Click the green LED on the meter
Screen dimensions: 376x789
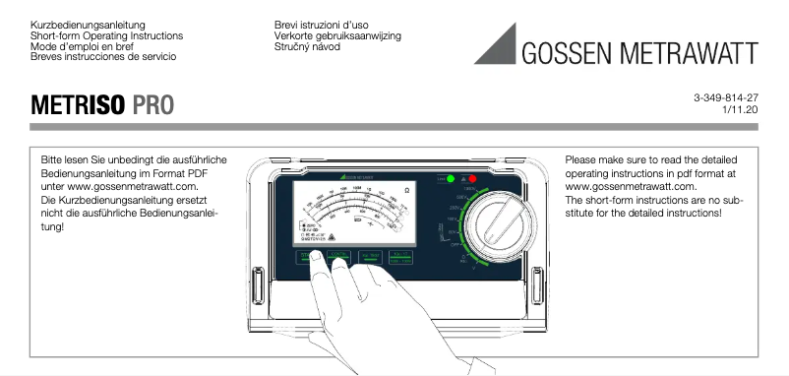pos(451,179)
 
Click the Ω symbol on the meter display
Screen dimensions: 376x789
pos(406,191)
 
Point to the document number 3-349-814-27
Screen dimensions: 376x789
pos(725,98)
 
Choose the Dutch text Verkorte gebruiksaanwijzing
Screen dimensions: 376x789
pos(337,35)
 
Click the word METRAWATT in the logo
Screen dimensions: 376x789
pos(694,51)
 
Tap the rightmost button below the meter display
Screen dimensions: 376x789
pos(400,258)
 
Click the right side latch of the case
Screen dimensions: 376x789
pos(546,287)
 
